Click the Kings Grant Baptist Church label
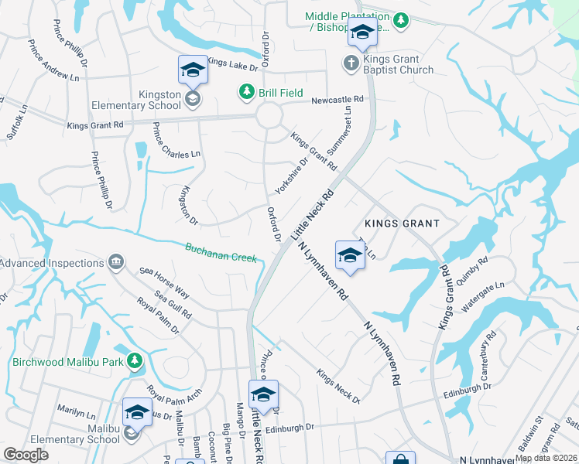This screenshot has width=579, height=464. [x=400, y=64]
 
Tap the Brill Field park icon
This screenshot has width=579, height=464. [x=247, y=93]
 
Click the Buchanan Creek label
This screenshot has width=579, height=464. [x=220, y=252]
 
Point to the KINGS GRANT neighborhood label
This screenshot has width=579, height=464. [x=403, y=223]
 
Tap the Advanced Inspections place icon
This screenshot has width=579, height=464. [x=116, y=263]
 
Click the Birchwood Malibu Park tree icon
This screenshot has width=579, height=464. [x=135, y=360]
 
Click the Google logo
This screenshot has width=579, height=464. [x=26, y=455]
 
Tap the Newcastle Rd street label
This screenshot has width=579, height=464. [x=337, y=100]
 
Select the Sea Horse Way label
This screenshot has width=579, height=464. [x=164, y=281]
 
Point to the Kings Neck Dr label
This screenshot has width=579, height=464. [x=338, y=386]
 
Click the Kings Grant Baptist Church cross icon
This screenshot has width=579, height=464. [x=351, y=62]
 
